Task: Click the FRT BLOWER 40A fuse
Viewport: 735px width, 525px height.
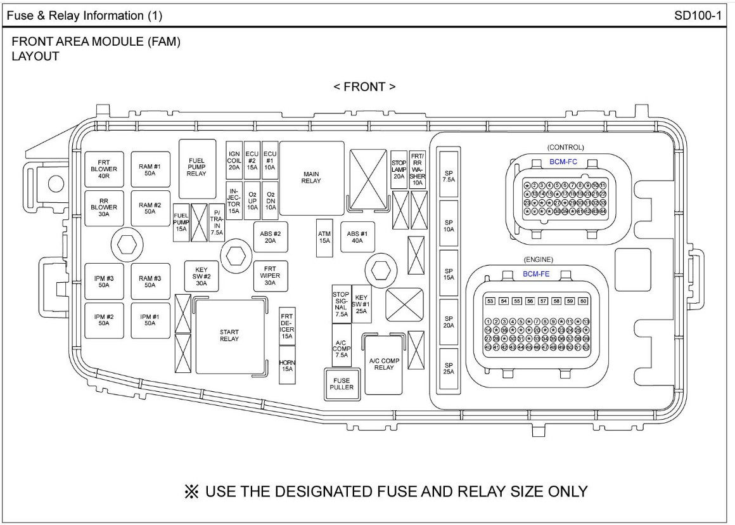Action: [x=103, y=169]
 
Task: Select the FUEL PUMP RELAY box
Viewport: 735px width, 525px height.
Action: [x=196, y=169]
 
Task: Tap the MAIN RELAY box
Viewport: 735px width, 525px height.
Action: [x=312, y=178]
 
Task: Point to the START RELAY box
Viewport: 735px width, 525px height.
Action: [x=229, y=335]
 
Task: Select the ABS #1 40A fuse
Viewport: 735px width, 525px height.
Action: [x=357, y=237]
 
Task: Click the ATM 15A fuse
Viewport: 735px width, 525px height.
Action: [x=324, y=238]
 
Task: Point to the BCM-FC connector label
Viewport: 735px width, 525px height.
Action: [x=563, y=162]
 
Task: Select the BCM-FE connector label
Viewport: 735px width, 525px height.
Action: [x=536, y=274]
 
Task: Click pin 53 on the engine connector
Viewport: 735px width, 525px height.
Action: [x=490, y=301]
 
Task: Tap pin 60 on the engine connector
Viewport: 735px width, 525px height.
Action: [x=584, y=301]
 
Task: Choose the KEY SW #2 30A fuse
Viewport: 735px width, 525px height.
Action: [x=201, y=276]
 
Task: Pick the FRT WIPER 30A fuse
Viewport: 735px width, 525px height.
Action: [x=270, y=276]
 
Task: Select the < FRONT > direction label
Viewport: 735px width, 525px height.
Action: [x=365, y=87]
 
